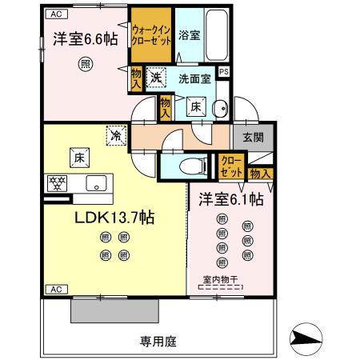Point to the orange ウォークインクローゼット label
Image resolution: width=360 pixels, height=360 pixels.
pyautogui.click(x=151, y=37)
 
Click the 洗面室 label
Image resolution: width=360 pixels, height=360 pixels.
pyautogui.click(x=194, y=79)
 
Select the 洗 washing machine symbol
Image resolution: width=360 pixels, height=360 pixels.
pyautogui.click(x=155, y=78)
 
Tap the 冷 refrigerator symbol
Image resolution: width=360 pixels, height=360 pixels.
pyautogui.click(x=116, y=137)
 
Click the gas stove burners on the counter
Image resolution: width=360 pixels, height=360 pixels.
pyautogui.click(x=57, y=182)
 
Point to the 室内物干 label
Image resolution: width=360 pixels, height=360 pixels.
pyautogui.click(x=220, y=279)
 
